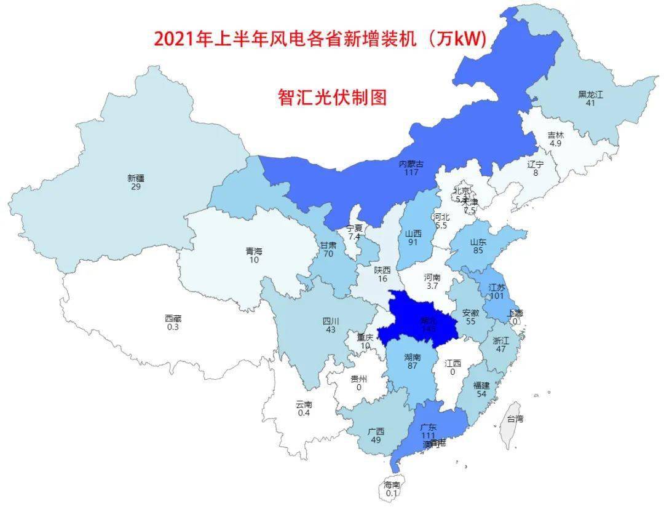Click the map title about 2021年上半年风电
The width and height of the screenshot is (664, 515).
point(320,39)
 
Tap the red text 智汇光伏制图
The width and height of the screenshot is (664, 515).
point(332,97)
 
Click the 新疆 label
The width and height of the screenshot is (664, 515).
point(136,178)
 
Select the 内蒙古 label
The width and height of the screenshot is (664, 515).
point(411,164)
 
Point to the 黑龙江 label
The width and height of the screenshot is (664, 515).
point(591,95)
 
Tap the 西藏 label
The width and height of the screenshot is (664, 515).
point(173,318)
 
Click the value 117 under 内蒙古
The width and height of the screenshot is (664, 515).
point(411,172)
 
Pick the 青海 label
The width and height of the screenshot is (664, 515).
point(254,251)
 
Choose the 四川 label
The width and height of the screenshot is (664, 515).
point(331,321)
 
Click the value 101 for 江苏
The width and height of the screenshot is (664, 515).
point(496,296)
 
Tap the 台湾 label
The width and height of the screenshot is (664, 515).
point(515,419)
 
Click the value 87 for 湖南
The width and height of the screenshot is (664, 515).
point(412,366)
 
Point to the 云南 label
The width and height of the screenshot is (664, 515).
point(304,404)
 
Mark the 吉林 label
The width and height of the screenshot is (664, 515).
point(556,135)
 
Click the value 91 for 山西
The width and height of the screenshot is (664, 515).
point(413,242)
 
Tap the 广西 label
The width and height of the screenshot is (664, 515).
point(376,431)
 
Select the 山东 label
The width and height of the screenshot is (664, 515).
point(478,242)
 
